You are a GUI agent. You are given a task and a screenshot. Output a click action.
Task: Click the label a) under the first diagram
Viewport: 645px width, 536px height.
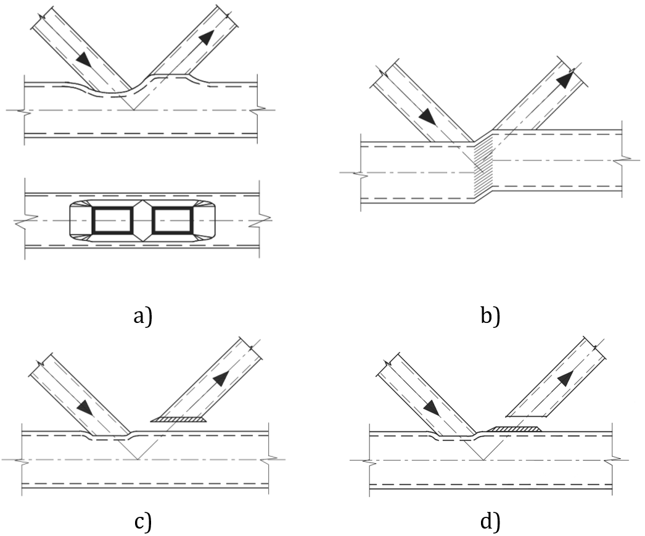tap(142, 317)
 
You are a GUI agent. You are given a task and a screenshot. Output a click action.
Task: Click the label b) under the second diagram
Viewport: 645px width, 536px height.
tap(490, 317)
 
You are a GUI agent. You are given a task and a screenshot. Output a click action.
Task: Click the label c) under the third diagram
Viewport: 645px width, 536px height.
tap(142, 522)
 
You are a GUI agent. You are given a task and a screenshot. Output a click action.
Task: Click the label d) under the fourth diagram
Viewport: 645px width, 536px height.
tap(490, 522)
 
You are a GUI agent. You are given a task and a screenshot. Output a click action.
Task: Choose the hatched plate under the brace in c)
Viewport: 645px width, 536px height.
tap(180, 420)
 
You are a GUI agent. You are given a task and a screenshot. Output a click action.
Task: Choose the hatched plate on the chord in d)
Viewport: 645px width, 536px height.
tap(513, 428)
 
